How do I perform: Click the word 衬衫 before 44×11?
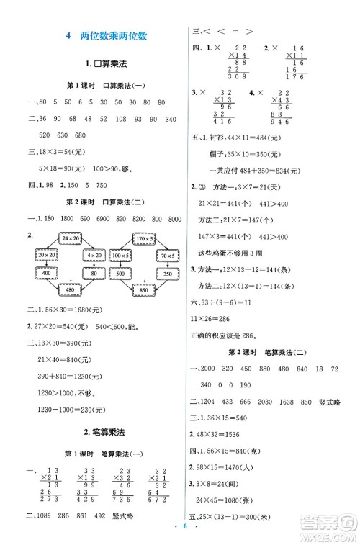pyautogui.click(x=217, y=158)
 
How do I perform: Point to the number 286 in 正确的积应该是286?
pyautogui.click(x=260, y=334)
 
